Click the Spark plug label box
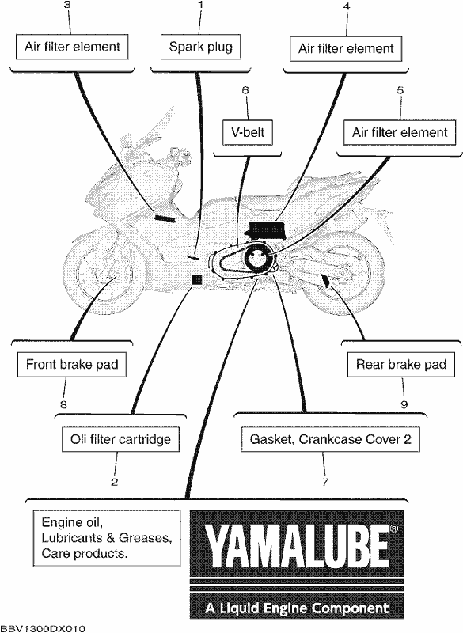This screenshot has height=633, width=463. tap(200, 47)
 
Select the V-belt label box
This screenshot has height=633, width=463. tap(248, 132)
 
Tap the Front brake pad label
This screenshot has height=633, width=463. tap(72, 365)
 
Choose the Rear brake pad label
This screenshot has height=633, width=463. tap(401, 365)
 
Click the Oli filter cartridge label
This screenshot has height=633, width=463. tap(120, 439)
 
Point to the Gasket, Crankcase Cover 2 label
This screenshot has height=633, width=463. tap(331, 439)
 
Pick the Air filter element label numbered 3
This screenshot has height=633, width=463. tap(72, 47)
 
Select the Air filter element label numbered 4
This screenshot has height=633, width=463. tap(346, 49)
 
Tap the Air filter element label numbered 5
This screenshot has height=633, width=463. tap(400, 132)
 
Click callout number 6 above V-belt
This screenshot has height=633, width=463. tap(245, 90)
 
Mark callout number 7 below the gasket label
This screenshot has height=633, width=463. tap(325, 482)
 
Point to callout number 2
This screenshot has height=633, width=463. tap(115, 482)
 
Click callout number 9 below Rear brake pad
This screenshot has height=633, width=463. tap(404, 404)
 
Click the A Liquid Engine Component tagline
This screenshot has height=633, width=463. tap(297, 608)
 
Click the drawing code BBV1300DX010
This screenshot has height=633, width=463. tap(43, 628)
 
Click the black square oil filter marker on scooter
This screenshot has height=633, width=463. tap(196, 280)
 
